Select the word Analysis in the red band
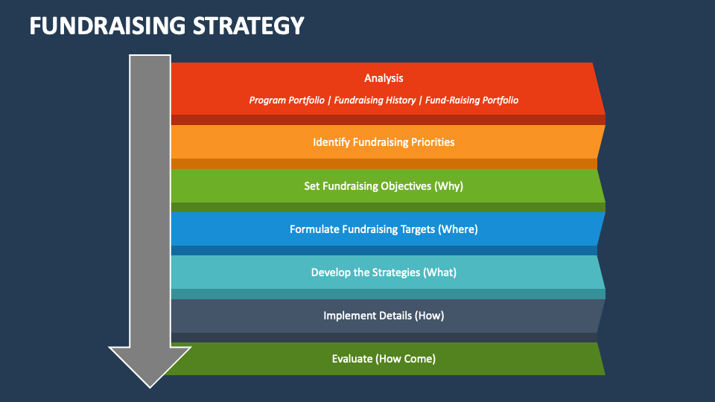(x=384, y=78)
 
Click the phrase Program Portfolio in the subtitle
(x=286, y=100)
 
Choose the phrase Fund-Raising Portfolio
(x=471, y=100)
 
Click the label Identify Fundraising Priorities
(x=384, y=141)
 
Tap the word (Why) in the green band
(x=448, y=186)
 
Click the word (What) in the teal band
(x=439, y=272)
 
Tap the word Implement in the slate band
(x=348, y=316)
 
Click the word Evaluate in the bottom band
(x=352, y=359)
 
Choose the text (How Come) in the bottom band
(x=405, y=359)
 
